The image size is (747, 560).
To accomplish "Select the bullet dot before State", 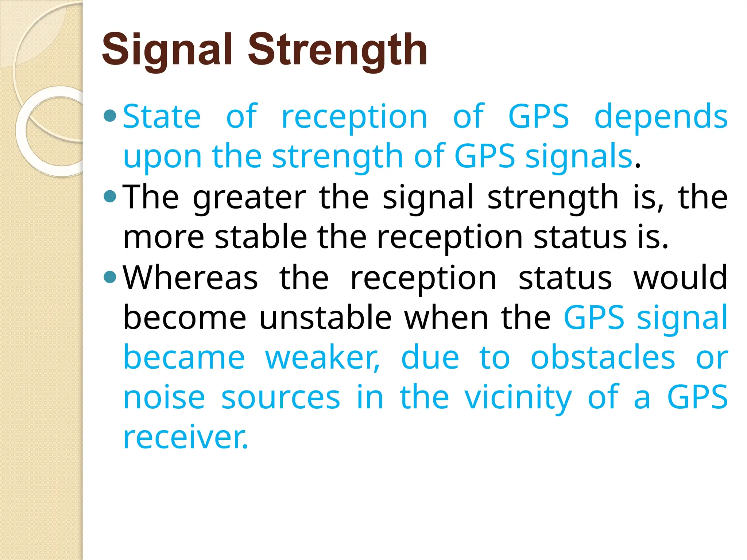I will click(110, 116).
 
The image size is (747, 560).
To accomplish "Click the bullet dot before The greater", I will click(110, 197).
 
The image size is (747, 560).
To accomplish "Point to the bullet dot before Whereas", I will click(110, 277).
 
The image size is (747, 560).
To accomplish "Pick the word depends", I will click(661, 117).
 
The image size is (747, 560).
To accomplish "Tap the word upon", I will click(162, 157).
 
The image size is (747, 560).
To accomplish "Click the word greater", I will click(249, 198).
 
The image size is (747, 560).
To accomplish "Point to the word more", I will click(163, 238).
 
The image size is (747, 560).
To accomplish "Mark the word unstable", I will click(325, 318).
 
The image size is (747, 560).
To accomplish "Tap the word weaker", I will click(322, 358).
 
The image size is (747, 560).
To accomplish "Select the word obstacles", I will click(603, 358).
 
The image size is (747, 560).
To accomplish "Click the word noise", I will click(164, 398).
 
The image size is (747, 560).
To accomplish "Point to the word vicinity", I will click(518, 398).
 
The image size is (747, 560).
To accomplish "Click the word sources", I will click(280, 398).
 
